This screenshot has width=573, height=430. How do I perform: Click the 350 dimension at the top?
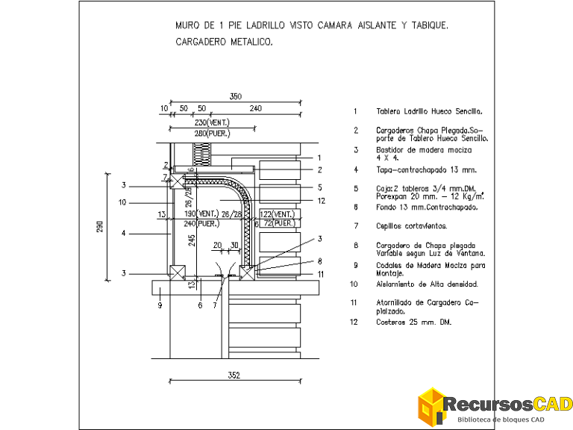tap(236, 96)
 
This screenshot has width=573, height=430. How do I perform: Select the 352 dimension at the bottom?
tap(234, 376)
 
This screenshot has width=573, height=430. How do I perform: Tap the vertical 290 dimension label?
tap(100, 225)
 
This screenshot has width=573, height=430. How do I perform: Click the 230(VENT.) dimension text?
tap(212, 122)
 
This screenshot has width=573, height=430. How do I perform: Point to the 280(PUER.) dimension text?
tap(212, 133)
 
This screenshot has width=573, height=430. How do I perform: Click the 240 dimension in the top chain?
tap(255, 109)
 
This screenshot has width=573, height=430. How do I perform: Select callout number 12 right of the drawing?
tap(321, 200)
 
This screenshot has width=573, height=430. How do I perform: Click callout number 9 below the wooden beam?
tap(160, 305)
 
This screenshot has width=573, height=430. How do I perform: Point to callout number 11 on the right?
tap(320, 274)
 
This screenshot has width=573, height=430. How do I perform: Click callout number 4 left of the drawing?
tap(123, 233)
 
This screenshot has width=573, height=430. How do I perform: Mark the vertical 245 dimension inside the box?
tap(192, 240)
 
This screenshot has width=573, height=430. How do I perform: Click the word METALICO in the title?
tap(248, 43)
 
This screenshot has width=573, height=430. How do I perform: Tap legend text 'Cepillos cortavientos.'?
tap(411, 225)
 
